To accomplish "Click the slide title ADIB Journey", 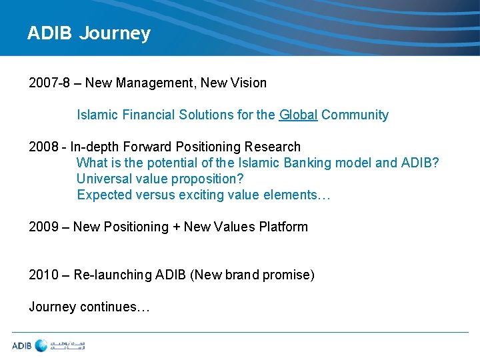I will point(89,33).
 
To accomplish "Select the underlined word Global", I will point(298,115).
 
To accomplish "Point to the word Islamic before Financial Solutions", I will point(98,115).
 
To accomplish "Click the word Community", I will point(355,115).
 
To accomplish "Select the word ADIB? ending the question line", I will point(421,163).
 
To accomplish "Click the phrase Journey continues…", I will point(89,307).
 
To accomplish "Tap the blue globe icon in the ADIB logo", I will point(41,345).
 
